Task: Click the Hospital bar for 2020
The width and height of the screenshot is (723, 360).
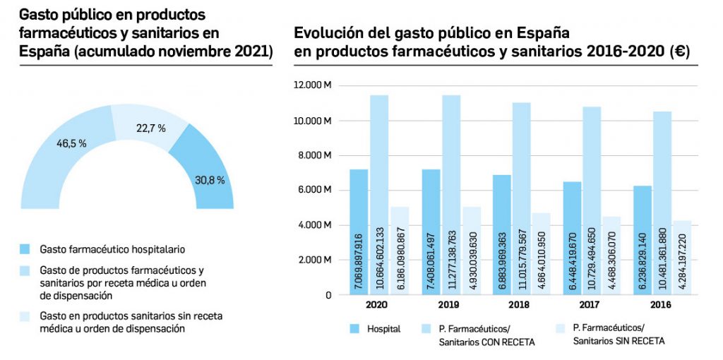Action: (x=359, y=233)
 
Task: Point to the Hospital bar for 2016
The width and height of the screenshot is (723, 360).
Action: (x=643, y=240)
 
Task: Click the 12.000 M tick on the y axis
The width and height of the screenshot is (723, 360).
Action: (x=313, y=86)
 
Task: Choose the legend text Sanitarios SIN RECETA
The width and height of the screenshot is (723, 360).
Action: (x=619, y=341)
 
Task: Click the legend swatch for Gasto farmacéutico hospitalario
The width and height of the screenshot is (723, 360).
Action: (x=26, y=248)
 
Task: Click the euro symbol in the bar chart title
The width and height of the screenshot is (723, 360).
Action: (x=682, y=52)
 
